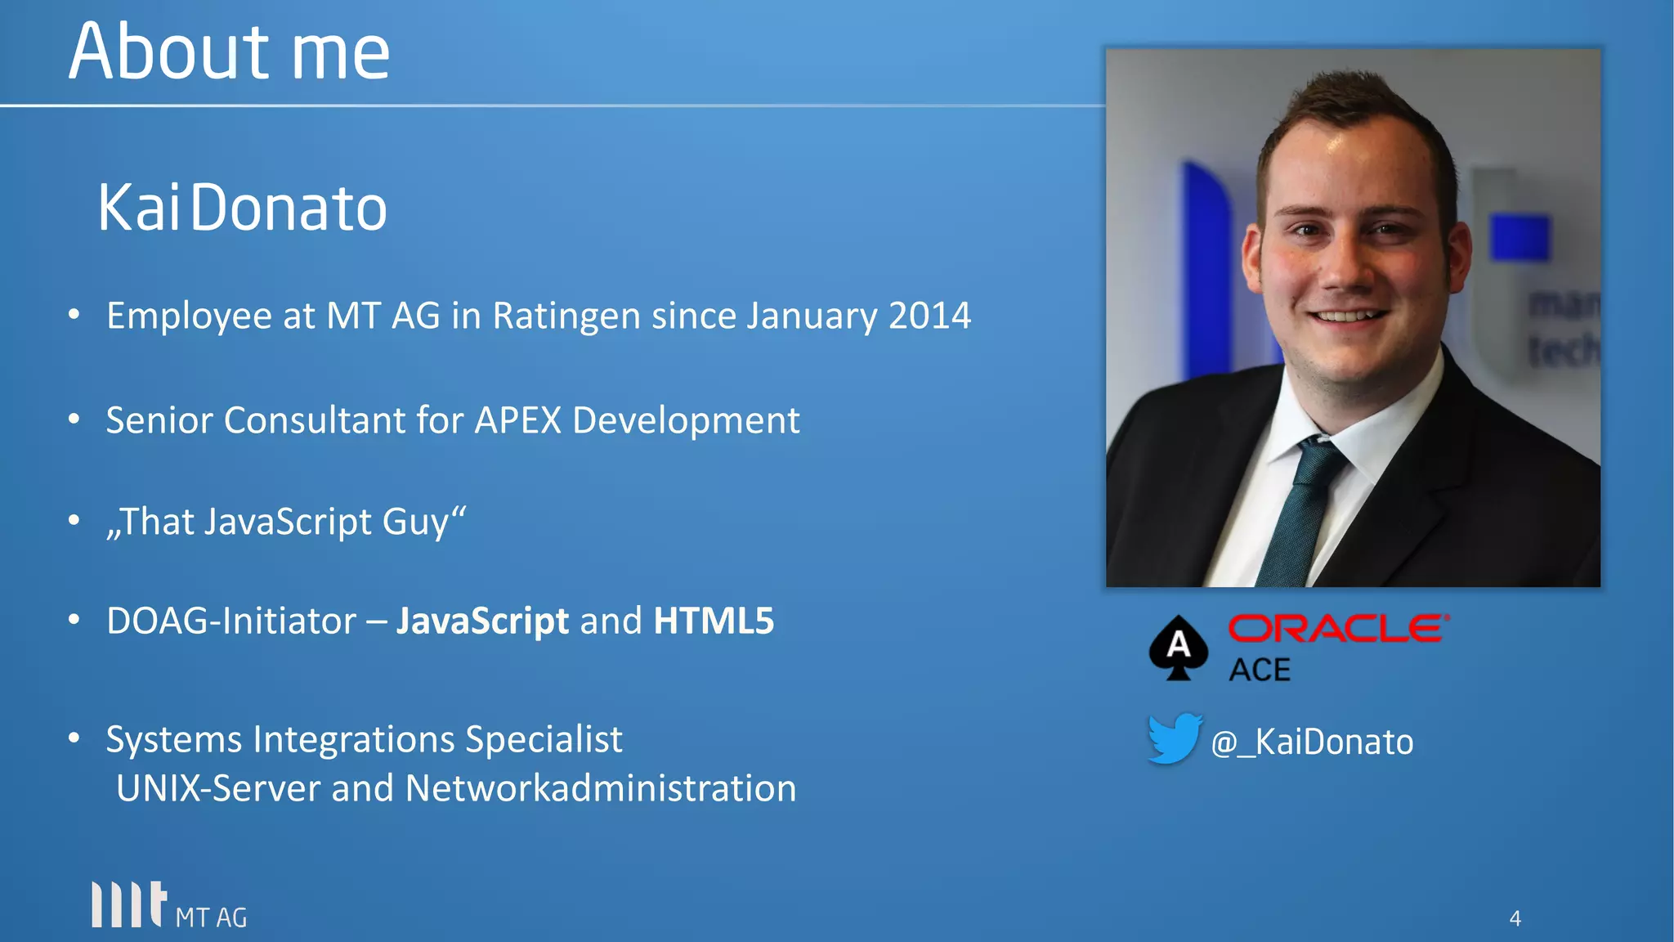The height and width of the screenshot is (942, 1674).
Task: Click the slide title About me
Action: (x=229, y=52)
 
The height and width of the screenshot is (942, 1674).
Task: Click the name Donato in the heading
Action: (x=289, y=209)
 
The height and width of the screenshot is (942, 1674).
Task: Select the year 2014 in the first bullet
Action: (x=929, y=316)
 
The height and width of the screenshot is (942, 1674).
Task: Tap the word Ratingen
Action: (x=566, y=316)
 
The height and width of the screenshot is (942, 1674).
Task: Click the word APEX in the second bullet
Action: (x=517, y=420)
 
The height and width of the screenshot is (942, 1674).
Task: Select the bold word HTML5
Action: (x=713, y=621)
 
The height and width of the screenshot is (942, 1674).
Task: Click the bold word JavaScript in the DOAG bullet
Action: (x=482, y=621)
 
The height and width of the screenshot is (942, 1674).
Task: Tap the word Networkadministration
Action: (x=600, y=788)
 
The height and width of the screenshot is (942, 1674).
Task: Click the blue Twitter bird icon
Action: (x=1174, y=738)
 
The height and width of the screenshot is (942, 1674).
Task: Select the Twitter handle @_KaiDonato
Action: (x=1312, y=742)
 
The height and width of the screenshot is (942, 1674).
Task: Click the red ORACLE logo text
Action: (x=1338, y=629)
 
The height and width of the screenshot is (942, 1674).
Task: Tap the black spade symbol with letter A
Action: (x=1178, y=648)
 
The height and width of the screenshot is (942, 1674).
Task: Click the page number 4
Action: (x=1515, y=918)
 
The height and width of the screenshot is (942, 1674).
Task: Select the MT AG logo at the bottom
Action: (x=168, y=906)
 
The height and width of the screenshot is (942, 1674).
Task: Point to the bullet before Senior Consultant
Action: (x=74, y=419)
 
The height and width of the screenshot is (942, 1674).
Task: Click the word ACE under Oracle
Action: (x=1260, y=671)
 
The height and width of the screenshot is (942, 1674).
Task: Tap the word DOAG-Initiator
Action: (x=231, y=621)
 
